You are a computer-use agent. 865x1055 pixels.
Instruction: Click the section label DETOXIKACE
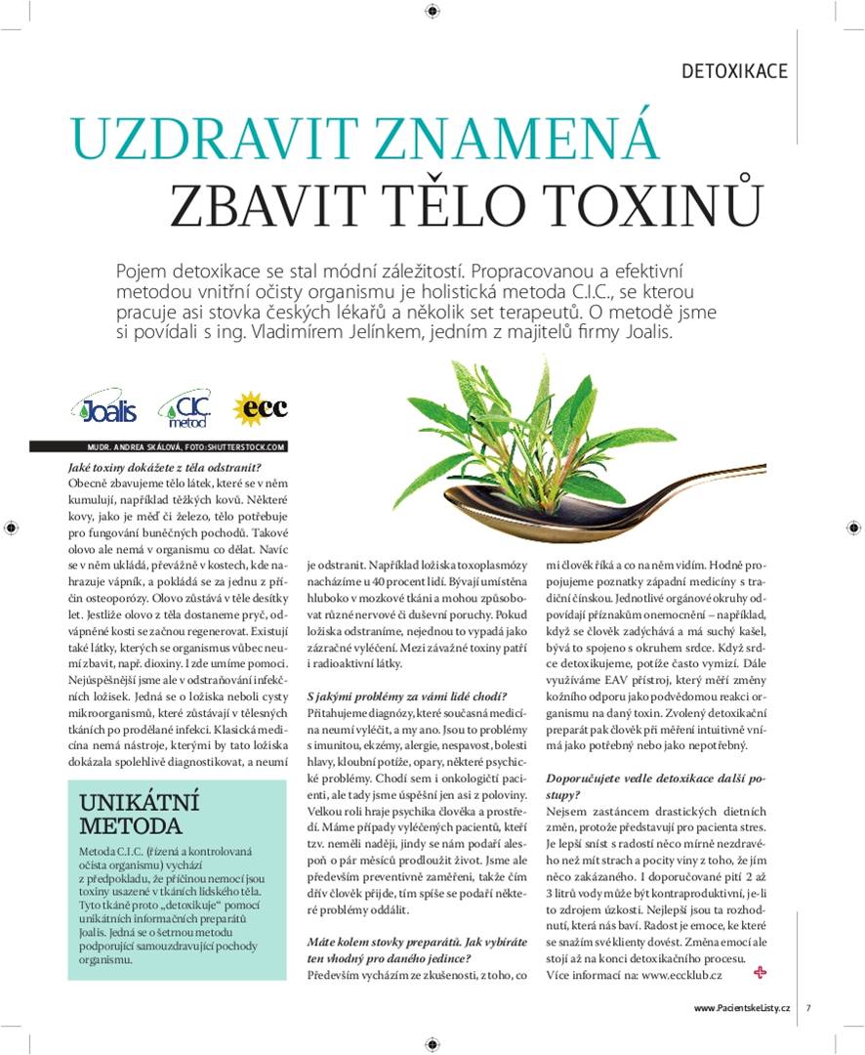click(734, 71)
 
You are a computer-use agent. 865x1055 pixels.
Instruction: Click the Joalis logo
click(104, 409)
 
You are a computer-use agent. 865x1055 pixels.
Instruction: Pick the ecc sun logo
click(261, 408)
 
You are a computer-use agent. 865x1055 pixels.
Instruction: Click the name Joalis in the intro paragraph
click(635, 332)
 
